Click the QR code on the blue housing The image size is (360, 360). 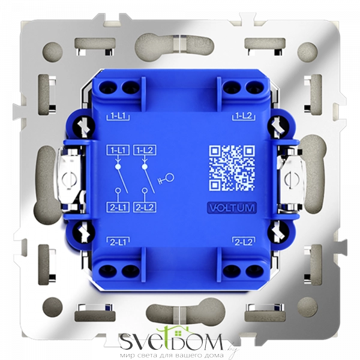[232, 167]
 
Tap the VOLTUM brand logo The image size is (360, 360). [232, 208]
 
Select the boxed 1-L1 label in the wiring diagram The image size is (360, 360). [118, 151]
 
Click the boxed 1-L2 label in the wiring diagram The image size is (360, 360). [145, 151]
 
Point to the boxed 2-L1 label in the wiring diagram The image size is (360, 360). [118, 208]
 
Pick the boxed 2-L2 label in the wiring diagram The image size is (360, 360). [145, 208]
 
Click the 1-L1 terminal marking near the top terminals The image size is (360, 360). [118, 116]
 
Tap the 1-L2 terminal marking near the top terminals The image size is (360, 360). [244, 116]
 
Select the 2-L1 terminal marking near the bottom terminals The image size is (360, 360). [118, 242]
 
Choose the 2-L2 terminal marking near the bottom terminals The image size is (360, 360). [244, 242]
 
